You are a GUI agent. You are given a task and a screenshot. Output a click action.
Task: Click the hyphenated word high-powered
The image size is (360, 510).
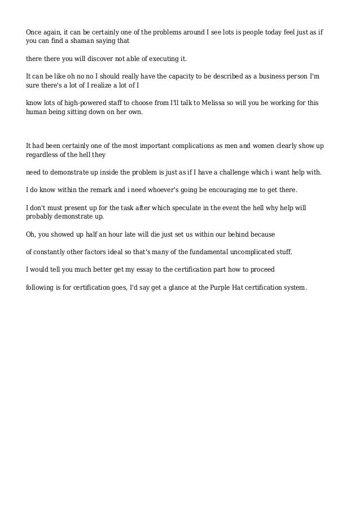click(79, 103)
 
